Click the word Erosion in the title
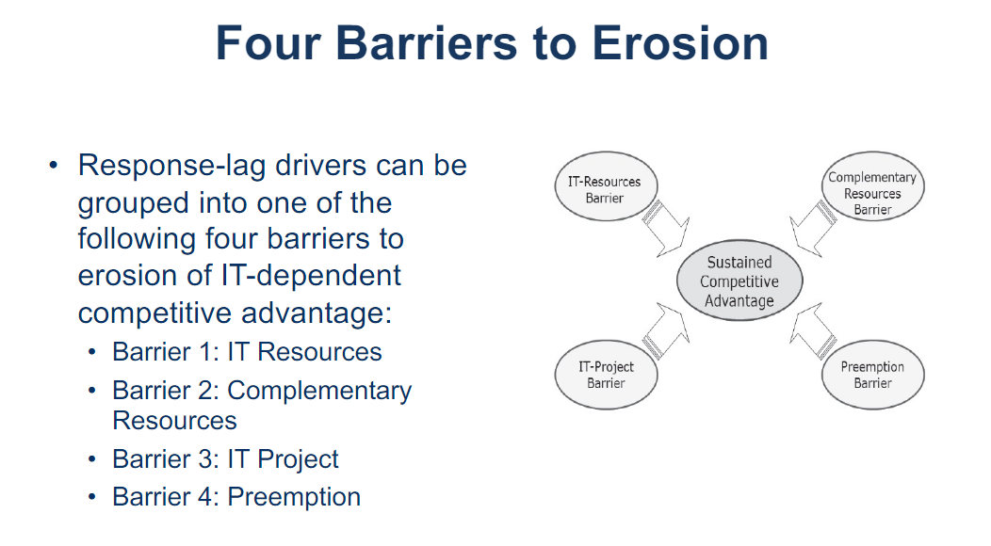coord(675,43)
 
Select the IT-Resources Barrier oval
coord(604,189)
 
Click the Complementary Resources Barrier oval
coord(871,193)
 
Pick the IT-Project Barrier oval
coord(605,375)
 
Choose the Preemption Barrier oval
coord(871,375)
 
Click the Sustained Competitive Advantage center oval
coord(739,281)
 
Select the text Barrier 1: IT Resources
coord(247,352)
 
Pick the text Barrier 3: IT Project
coord(225,459)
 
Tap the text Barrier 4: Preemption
coord(236,497)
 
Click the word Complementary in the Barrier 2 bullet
coord(319,390)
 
